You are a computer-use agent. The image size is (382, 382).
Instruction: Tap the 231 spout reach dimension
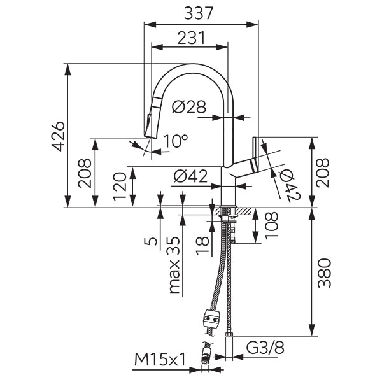click(190, 38)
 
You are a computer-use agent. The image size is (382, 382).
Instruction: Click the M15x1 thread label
click(160, 361)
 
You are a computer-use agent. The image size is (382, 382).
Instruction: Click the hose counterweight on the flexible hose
click(211, 317)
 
